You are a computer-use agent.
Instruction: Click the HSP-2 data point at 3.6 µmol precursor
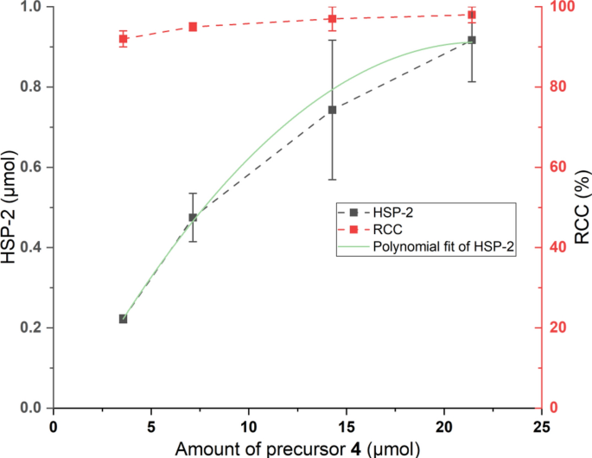[x=123, y=319]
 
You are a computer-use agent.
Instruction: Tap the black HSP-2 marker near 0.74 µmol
[x=332, y=110]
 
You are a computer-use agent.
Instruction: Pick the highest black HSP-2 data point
[x=471, y=40]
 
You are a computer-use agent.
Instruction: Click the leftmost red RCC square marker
[x=123, y=39]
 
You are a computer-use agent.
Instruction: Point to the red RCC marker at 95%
[x=193, y=27]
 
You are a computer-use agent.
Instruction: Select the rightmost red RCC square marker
[x=471, y=15]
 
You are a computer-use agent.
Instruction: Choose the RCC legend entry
[x=385, y=231]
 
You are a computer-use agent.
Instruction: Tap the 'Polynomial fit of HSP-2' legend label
[x=443, y=249]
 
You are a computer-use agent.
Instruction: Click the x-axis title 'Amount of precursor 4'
[x=296, y=448]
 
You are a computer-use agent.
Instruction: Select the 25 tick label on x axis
[x=541, y=425]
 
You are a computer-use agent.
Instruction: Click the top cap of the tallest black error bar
[x=332, y=40]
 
